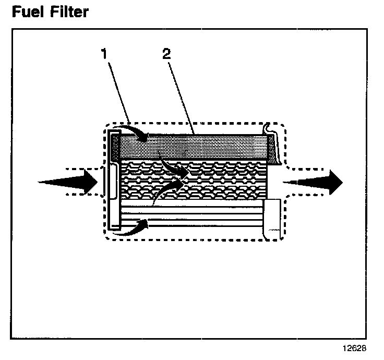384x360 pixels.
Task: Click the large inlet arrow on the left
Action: (x=70, y=182)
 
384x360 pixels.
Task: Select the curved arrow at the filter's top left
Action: (x=133, y=133)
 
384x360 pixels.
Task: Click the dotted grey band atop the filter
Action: (x=198, y=147)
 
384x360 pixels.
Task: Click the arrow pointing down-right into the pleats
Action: (x=175, y=169)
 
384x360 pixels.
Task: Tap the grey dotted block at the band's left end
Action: (x=115, y=147)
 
